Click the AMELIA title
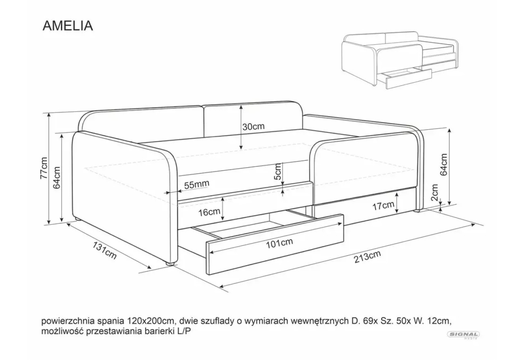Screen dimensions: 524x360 point(68,26)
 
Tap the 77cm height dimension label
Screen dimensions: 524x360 point(44,168)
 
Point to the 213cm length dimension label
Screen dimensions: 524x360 point(367,256)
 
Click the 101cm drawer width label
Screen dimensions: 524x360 point(279,243)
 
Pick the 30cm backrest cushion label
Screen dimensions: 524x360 point(253,127)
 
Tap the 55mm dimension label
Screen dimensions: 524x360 point(196,184)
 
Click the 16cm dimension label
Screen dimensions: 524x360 point(209,212)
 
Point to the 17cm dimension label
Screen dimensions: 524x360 point(383,206)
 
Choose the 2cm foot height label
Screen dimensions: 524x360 point(434,192)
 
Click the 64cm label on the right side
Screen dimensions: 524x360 point(444,164)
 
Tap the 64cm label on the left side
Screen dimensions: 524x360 point(56,178)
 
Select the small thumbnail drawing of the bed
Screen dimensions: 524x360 point(400,60)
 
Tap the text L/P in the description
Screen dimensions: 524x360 point(184,331)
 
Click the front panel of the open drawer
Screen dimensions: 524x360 point(275,245)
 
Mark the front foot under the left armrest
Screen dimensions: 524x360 point(170,263)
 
